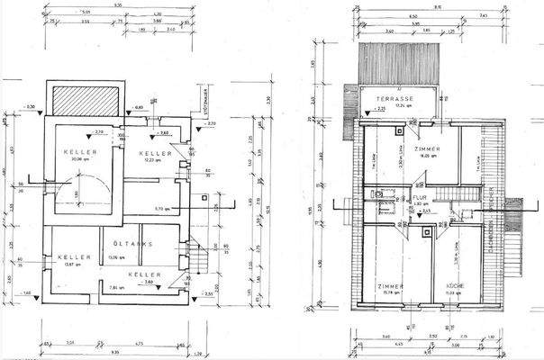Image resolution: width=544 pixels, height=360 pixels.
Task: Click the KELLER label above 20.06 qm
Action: (x=79, y=153)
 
